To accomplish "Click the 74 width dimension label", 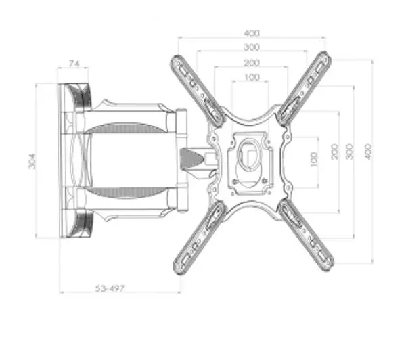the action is pyautogui.click(x=74, y=63).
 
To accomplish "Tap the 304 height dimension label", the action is pyautogui.click(x=32, y=161).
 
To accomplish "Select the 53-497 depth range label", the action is pyautogui.click(x=110, y=288).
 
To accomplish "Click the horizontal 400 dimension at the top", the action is pyautogui.click(x=252, y=33).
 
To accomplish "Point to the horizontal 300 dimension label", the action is pyautogui.click(x=252, y=47).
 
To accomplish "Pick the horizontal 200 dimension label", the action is pyautogui.click(x=252, y=63).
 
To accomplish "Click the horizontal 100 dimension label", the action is pyautogui.click(x=252, y=77).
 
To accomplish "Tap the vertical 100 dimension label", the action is pyautogui.click(x=314, y=160).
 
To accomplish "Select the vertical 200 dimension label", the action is pyautogui.click(x=335, y=152).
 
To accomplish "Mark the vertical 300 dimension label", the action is pyautogui.click(x=350, y=152).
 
